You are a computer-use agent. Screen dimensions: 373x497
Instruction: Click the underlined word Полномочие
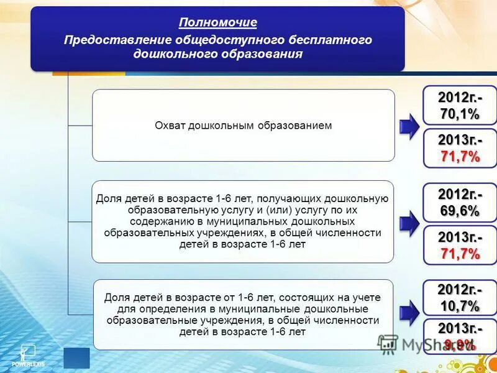(217, 23)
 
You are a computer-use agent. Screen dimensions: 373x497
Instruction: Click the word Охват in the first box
(170, 126)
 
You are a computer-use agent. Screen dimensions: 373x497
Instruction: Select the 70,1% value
(460, 114)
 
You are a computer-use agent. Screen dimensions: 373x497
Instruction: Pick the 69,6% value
(460, 211)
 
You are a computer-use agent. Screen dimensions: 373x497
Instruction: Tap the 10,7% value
(460, 306)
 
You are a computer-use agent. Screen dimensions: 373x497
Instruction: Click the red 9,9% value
(460, 344)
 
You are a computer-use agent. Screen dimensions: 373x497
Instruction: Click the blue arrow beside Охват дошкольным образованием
(409, 126)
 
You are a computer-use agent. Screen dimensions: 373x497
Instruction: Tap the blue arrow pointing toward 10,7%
(409, 312)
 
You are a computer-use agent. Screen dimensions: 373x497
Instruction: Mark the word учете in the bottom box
(367, 298)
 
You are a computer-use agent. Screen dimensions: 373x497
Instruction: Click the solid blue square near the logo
(76, 358)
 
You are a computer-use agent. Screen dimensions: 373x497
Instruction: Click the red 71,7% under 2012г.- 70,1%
(460, 157)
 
